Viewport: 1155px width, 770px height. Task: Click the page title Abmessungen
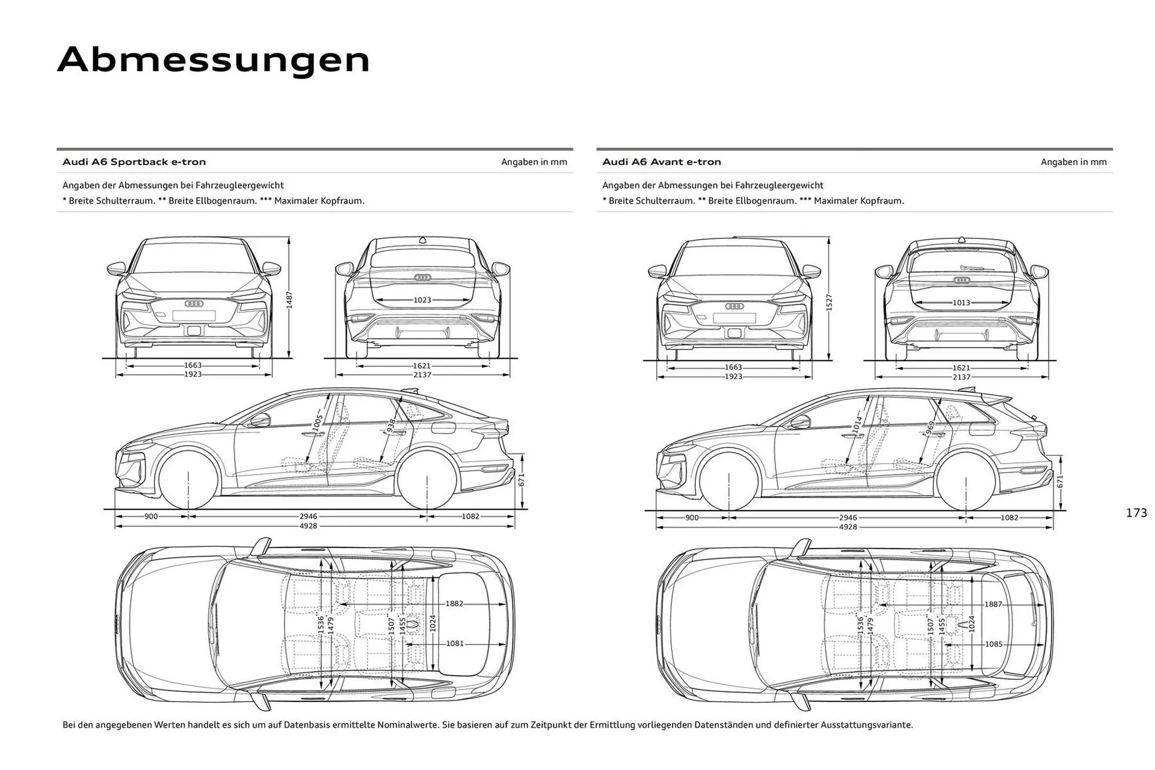(x=214, y=60)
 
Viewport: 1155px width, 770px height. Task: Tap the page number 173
(x=1136, y=513)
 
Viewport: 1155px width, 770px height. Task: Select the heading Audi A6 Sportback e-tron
(x=134, y=162)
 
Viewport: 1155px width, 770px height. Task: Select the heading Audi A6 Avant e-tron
(x=661, y=162)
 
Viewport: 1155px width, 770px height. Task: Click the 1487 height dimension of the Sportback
(x=289, y=299)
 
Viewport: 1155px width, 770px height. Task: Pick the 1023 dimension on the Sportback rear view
(x=422, y=300)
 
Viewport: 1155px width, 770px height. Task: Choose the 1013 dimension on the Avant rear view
(x=961, y=303)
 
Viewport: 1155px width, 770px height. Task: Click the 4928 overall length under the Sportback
(x=308, y=526)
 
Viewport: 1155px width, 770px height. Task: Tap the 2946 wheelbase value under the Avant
(x=848, y=517)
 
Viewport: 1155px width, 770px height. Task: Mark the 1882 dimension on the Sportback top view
(x=454, y=603)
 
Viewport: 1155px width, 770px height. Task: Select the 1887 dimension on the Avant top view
(x=993, y=604)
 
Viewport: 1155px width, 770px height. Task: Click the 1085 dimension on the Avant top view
(x=994, y=644)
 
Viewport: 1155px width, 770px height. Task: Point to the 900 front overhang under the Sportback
(x=151, y=516)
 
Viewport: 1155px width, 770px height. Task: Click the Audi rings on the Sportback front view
(x=194, y=304)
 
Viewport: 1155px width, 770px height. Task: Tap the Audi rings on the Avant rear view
(x=961, y=280)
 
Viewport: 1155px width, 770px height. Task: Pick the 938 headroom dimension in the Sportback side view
(x=391, y=426)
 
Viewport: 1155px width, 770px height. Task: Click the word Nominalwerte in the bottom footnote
(x=408, y=725)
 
